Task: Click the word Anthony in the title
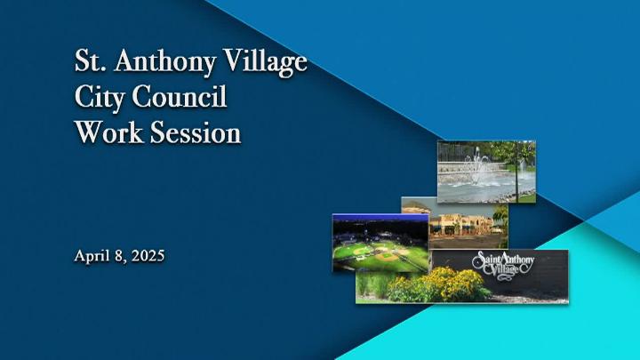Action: tap(164, 62)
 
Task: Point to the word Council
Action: tap(179, 97)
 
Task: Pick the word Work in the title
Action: tap(110, 132)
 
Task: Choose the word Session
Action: tap(196, 132)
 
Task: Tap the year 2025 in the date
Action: tap(148, 256)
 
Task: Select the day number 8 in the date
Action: tap(120, 256)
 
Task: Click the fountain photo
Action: tap(486, 172)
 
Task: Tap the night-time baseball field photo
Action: tap(380, 243)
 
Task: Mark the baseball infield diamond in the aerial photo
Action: tap(385, 256)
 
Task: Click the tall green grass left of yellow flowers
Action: tap(372, 284)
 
